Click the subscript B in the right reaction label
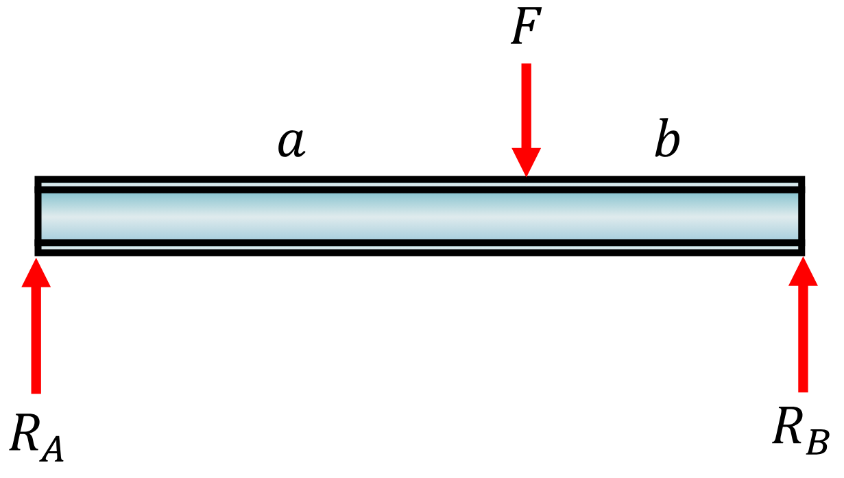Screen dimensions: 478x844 (817, 442)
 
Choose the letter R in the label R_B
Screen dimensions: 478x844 (788, 427)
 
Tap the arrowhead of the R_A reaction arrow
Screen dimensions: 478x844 (36, 270)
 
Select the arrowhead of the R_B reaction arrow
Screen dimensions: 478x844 (803, 270)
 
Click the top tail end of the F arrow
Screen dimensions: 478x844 (526, 65)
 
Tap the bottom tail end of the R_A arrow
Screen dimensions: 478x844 (36, 392)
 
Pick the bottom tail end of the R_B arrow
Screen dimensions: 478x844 (803, 390)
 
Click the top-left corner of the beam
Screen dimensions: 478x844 (37, 178)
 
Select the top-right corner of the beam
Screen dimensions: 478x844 (802, 178)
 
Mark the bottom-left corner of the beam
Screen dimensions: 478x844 (37, 253)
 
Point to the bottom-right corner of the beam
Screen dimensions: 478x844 (802, 253)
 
